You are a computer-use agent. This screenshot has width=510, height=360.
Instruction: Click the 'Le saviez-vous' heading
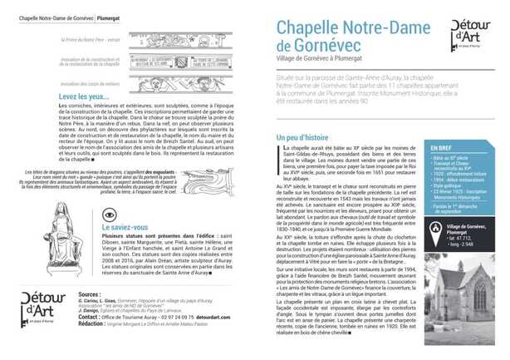(125, 226)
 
